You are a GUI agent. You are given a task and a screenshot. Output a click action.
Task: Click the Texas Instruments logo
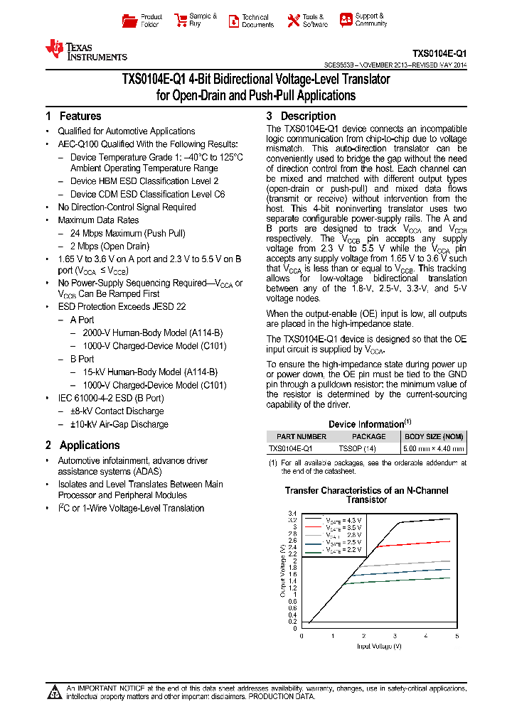point(85,50)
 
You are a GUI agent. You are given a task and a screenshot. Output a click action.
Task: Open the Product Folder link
point(142,20)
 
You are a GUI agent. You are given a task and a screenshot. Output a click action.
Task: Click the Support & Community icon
point(346,20)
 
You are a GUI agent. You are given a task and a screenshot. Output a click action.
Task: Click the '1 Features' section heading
point(73,116)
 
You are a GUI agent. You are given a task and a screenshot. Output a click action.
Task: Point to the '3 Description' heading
point(301,116)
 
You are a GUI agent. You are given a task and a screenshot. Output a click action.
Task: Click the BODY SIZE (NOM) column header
point(434,436)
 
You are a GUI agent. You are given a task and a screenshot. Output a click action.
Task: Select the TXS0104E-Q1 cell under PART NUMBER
point(290,449)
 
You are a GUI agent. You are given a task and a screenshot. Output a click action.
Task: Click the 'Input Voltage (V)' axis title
point(379,646)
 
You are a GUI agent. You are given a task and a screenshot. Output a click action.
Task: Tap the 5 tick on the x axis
point(457,636)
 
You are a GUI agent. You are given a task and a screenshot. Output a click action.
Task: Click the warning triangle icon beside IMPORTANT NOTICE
point(54,691)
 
